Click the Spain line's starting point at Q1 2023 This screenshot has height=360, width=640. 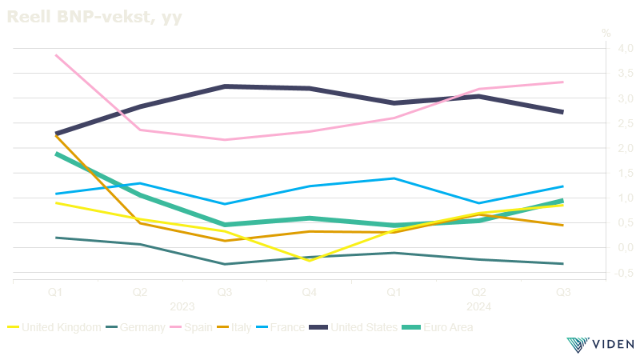[x=55, y=55]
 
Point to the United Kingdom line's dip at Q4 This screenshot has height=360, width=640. [x=310, y=261]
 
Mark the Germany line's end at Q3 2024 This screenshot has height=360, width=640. [x=563, y=264]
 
